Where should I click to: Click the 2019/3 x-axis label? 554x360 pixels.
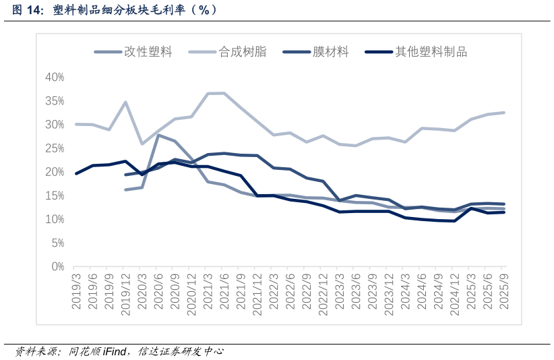(x=76, y=291)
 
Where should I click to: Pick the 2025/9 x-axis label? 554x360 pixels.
(x=504, y=291)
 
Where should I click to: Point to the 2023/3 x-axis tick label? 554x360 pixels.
(x=340, y=291)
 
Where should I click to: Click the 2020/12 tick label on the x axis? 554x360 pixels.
(x=191, y=291)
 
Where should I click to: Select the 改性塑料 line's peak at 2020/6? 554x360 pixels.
(x=158, y=135)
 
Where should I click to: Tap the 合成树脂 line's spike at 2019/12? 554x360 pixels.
(x=125, y=102)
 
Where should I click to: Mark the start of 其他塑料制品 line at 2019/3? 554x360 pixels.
(x=76, y=173)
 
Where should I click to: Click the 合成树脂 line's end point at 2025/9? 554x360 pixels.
(x=504, y=113)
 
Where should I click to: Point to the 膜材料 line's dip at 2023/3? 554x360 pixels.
(x=340, y=200)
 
